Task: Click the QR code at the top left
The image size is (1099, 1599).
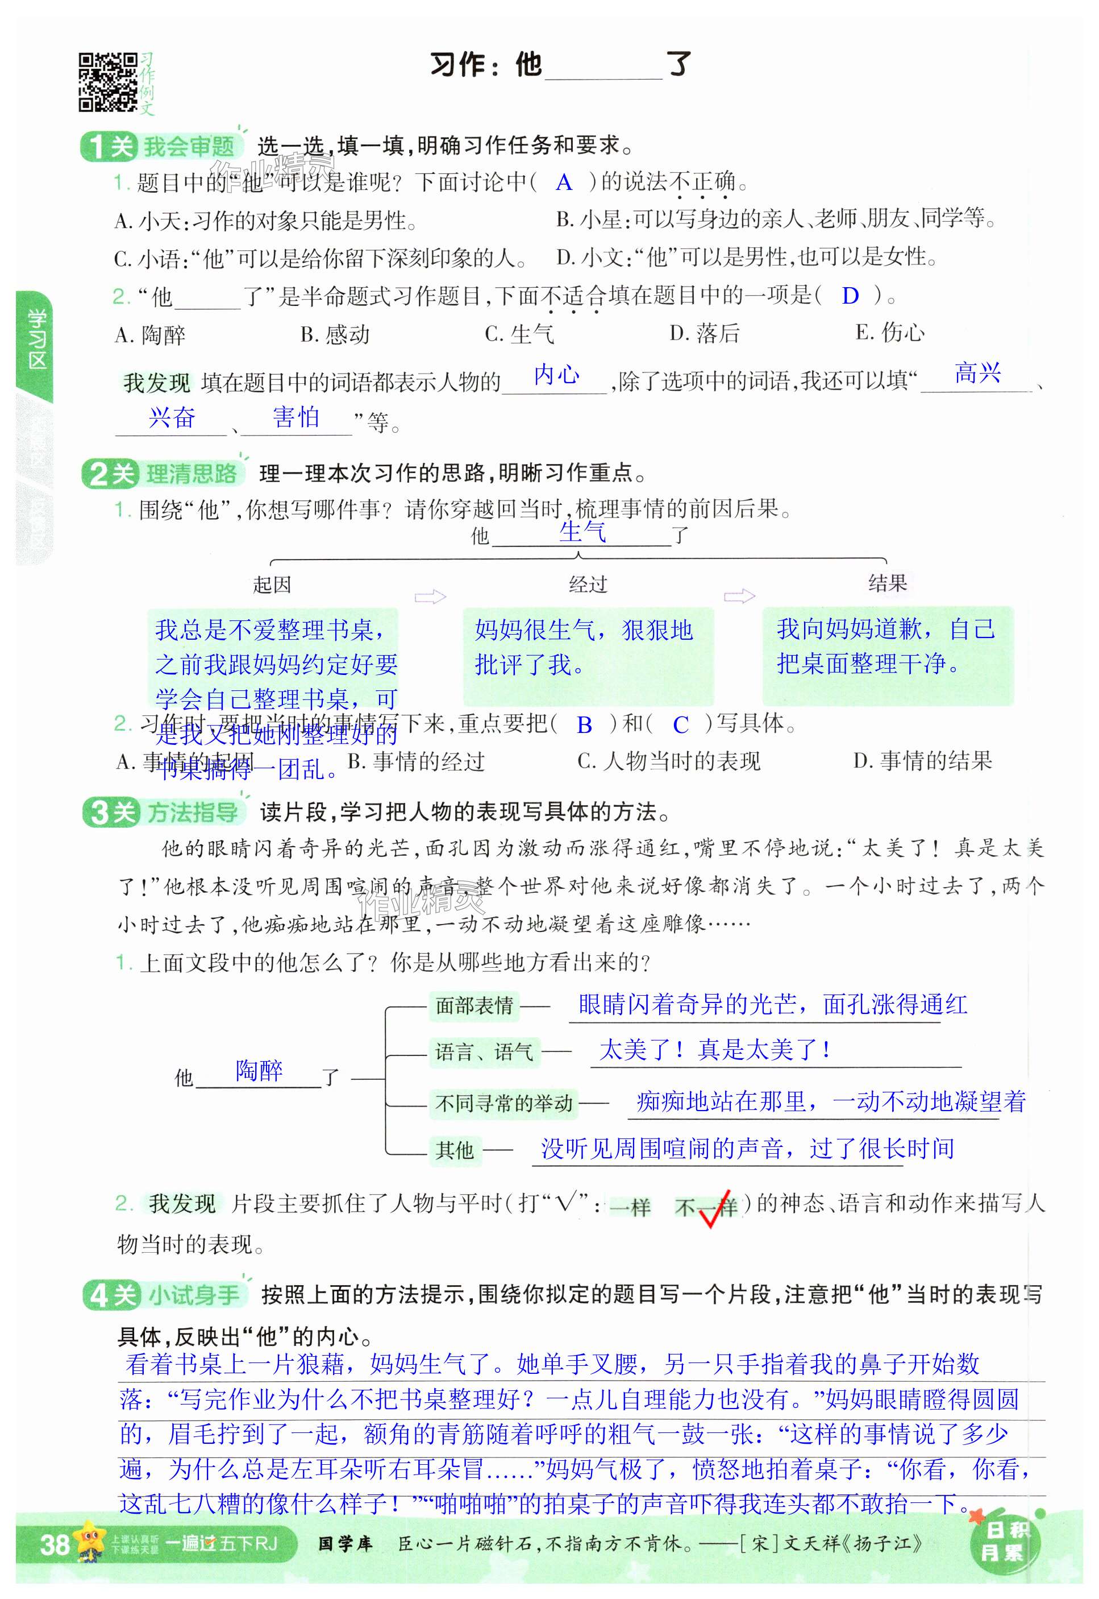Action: (x=107, y=82)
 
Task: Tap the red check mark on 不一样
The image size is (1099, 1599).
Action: (x=713, y=1207)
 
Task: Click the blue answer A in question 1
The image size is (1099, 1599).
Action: (x=563, y=183)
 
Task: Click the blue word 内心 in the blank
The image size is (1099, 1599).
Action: (x=556, y=375)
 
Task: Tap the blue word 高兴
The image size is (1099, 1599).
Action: (x=977, y=374)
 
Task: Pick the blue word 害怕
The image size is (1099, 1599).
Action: (x=296, y=417)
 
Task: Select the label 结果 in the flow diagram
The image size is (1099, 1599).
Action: (x=887, y=583)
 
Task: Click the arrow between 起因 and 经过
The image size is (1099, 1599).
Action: (x=430, y=596)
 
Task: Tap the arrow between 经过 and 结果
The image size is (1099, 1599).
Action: (x=739, y=596)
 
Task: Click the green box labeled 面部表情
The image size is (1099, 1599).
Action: (x=474, y=1006)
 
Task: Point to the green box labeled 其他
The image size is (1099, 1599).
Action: (x=455, y=1149)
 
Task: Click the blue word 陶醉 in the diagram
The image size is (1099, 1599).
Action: (x=259, y=1071)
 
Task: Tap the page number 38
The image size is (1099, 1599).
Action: (x=54, y=1544)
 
